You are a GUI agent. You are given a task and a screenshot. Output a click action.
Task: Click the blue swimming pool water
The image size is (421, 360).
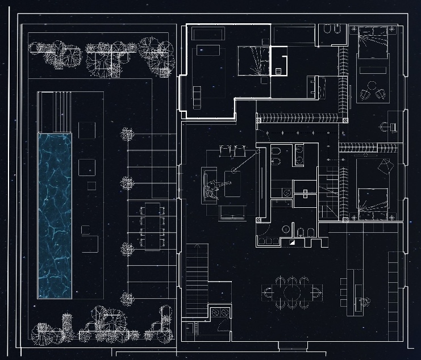click(x=55, y=216)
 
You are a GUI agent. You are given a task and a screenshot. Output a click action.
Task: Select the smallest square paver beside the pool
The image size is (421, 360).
click(x=91, y=186)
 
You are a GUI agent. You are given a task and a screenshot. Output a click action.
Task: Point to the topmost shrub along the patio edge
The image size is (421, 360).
click(x=127, y=135)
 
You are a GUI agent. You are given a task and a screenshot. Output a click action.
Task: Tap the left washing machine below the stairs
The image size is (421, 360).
click(x=215, y=311)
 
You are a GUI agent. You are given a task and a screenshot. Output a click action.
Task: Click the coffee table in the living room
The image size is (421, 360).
click(x=234, y=183)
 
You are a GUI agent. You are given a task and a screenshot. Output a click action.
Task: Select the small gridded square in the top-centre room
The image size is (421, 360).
click(x=278, y=70)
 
